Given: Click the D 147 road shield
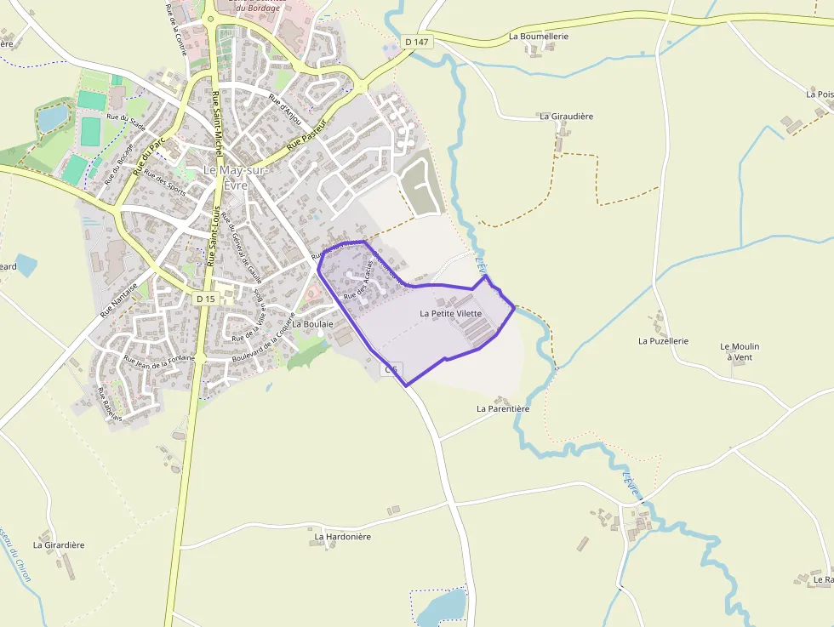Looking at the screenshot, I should click(x=415, y=41).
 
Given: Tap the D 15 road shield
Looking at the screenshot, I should click(x=205, y=299).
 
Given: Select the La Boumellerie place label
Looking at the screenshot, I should click(x=538, y=37).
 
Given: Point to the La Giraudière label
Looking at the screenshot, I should click(x=566, y=116).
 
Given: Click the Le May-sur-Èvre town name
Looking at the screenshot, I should click(x=236, y=176).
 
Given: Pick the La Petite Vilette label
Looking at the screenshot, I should click(x=451, y=313).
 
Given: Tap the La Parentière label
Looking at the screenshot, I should click(x=503, y=408).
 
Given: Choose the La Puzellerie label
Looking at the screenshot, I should click(x=663, y=340).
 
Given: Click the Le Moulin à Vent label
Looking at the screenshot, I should click(x=740, y=351).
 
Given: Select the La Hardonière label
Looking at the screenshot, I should click(x=342, y=537).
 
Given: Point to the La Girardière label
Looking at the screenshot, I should click(x=59, y=544).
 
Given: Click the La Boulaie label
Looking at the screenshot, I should click(x=311, y=324).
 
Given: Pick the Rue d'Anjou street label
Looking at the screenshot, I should click(x=286, y=105).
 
